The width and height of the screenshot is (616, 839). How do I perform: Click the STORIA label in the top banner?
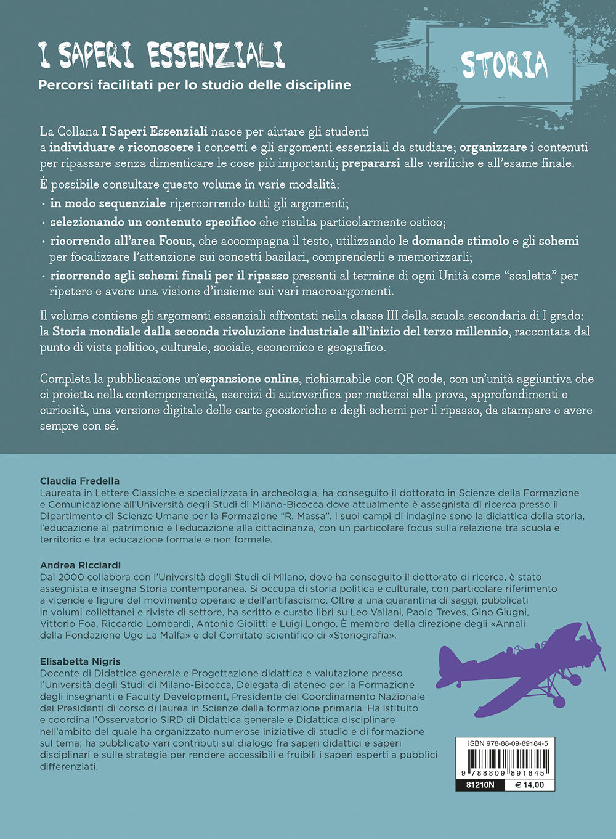[x=504, y=65]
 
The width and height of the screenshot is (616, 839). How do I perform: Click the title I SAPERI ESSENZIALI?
[x=162, y=55]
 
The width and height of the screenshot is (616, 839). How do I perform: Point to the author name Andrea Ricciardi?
[x=80, y=565]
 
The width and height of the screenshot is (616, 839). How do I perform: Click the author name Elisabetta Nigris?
[x=80, y=661]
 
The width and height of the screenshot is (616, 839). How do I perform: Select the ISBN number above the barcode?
[x=505, y=743]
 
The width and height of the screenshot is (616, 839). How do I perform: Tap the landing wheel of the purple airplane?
[x=559, y=701]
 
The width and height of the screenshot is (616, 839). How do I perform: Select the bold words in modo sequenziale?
[x=108, y=203]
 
